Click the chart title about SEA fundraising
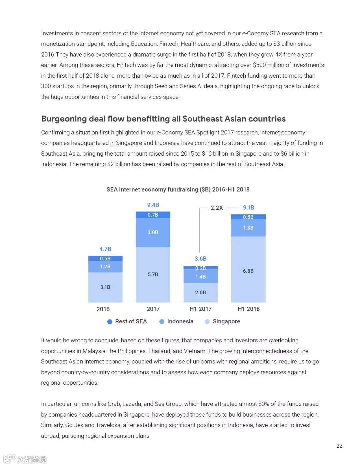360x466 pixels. [178, 189]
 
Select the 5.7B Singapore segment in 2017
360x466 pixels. [153, 274]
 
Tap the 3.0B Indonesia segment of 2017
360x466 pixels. [153, 232]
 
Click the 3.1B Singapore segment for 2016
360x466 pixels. [105, 287]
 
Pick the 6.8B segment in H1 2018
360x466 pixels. [248, 271]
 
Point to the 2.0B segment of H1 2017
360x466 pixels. [200, 292]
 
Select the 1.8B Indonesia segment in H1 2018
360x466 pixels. [248, 228]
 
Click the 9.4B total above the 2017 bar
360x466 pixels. [153, 205]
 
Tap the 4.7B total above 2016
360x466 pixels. [105, 249]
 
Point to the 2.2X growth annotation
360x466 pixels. [217, 208]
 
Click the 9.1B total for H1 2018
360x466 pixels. [248, 208]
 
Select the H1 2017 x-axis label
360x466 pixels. [200, 309]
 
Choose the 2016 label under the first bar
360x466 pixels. [103, 309]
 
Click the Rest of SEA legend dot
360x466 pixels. [110, 322]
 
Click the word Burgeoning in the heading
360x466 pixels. [64, 119]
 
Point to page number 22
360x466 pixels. [339, 446]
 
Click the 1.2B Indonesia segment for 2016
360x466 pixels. [105, 266]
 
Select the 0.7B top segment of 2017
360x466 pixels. [153, 215]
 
